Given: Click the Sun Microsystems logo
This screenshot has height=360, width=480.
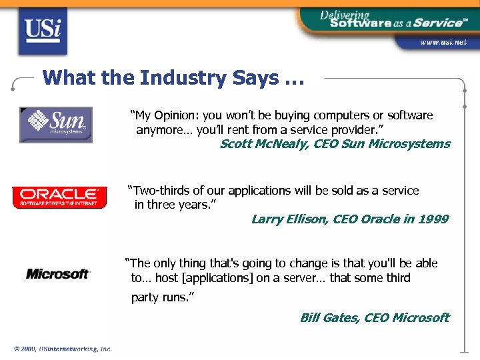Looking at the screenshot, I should (x=56, y=125).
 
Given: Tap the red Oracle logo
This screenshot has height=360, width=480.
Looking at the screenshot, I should (x=59, y=197).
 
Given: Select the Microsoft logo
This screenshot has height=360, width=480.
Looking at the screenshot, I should (x=58, y=273).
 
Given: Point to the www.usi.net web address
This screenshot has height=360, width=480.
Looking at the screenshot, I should (x=443, y=42).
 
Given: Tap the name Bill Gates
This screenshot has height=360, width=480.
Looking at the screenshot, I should (x=329, y=317).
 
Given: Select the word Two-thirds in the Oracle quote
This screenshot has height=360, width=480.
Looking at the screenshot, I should (x=159, y=191).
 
